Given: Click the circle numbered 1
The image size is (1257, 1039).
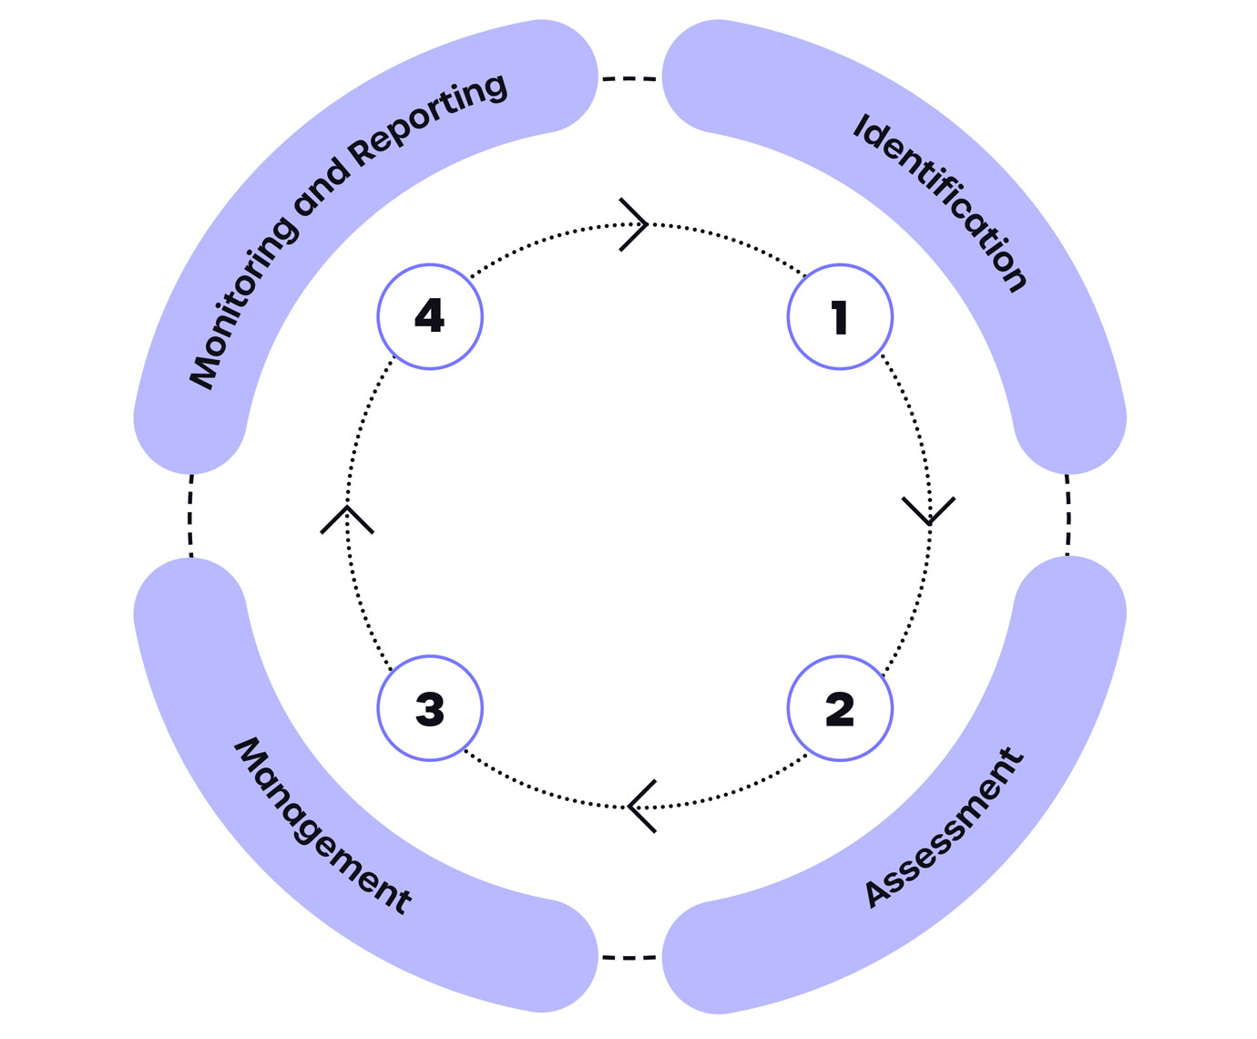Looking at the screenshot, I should (x=840, y=317).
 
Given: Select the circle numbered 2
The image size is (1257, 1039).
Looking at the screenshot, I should (x=840, y=708).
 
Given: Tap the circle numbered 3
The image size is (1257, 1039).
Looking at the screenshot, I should (x=430, y=708).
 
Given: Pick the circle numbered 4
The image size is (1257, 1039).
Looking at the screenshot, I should (x=430, y=317).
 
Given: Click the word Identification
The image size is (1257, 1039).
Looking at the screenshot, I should (x=941, y=203).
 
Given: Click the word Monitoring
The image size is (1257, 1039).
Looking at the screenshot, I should (x=241, y=303).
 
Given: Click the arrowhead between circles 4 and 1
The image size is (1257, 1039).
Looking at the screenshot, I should (x=636, y=223).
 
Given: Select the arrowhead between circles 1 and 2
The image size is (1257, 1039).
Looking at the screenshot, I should (x=929, y=512).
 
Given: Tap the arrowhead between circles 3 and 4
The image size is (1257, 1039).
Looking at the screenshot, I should (x=347, y=518).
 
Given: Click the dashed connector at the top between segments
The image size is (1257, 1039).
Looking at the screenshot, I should (x=629, y=79).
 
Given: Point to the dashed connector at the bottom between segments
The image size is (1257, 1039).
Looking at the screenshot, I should (x=629, y=958).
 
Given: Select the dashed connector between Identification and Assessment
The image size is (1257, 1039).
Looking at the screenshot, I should (x=1068, y=516).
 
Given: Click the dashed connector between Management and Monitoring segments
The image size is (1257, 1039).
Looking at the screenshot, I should (x=190, y=516).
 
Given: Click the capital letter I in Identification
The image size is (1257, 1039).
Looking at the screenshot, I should (x=860, y=127).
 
